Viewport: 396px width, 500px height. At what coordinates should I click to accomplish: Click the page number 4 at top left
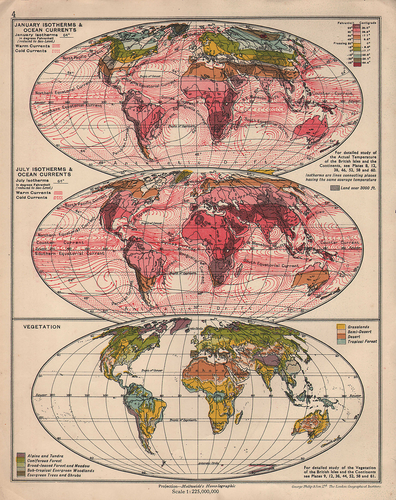pos(13,14)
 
